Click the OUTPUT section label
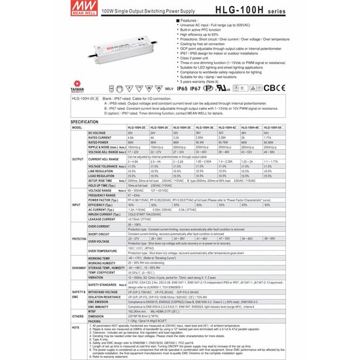77,159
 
